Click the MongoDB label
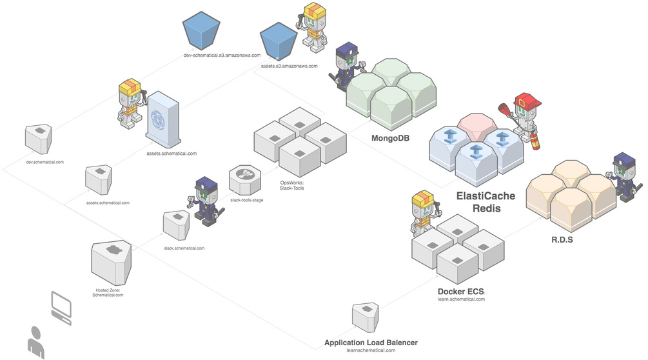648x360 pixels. click(391, 138)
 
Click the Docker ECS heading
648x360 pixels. click(461, 292)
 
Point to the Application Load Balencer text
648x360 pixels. click(371, 343)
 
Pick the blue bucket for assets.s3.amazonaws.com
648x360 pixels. click(279, 41)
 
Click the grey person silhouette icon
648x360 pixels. click(35, 343)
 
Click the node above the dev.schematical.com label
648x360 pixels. click(39, 137)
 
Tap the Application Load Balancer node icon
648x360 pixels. click(365, 317)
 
